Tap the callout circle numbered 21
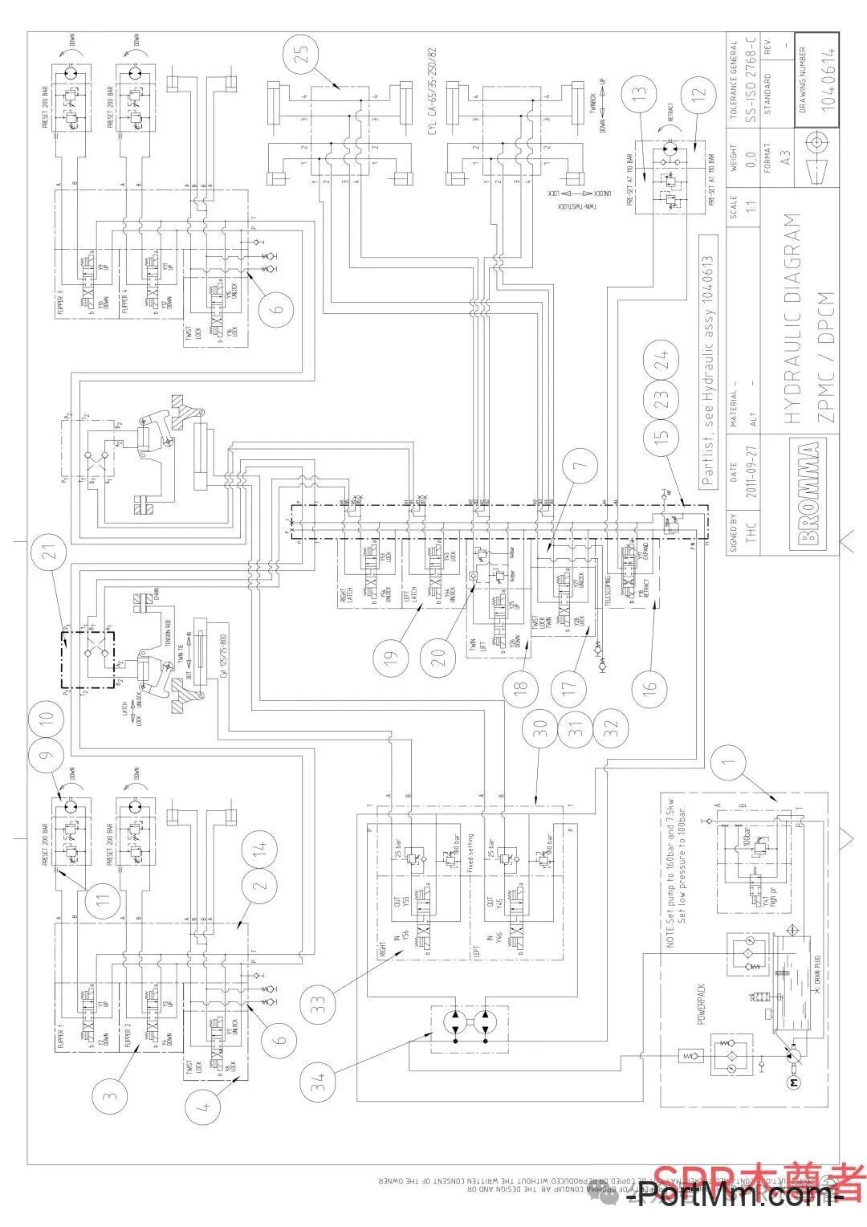pos(50,554)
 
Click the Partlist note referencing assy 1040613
pos(706,361)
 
